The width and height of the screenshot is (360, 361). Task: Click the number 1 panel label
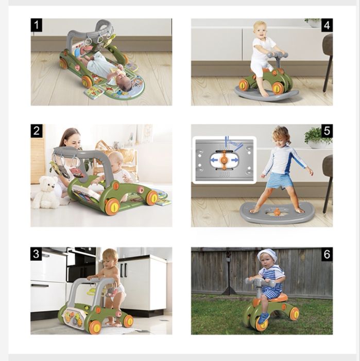(37, 25)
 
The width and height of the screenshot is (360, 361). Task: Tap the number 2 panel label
(37, 131)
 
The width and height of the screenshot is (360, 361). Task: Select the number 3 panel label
(36, 254)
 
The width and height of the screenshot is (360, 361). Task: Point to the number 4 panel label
(327, 25)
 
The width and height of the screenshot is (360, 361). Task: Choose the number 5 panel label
(327, 131)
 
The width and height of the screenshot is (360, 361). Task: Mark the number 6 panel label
(327, 254)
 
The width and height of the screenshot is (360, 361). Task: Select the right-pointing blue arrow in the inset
(234, 160)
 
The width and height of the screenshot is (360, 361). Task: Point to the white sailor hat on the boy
(267, 255)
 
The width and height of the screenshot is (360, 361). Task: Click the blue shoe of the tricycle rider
(263, 318)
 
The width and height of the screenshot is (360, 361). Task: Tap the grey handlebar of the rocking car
(277, 55)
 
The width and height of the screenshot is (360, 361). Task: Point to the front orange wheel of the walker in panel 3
(94, 326)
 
